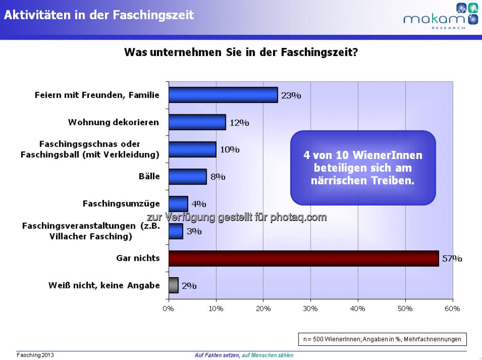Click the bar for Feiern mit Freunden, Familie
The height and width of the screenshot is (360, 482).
223,95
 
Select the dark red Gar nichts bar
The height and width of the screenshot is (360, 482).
304,258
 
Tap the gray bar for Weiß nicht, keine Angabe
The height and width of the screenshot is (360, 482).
173,285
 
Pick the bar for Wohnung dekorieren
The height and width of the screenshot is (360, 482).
197,122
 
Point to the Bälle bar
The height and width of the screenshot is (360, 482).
187,177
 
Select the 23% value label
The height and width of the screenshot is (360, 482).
291,96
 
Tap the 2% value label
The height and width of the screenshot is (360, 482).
189,286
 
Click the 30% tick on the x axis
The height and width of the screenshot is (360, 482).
310,309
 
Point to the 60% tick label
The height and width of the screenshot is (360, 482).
452,309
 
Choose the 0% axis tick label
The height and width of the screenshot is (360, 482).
169,309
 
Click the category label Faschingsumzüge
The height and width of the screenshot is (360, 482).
121,204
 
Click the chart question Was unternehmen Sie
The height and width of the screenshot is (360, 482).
241,52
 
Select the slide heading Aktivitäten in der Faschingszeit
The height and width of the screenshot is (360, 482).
99,15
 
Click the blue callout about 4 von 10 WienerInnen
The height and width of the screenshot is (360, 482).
363,168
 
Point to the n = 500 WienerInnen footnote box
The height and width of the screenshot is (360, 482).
382,339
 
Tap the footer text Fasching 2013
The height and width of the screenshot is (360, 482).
35,355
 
